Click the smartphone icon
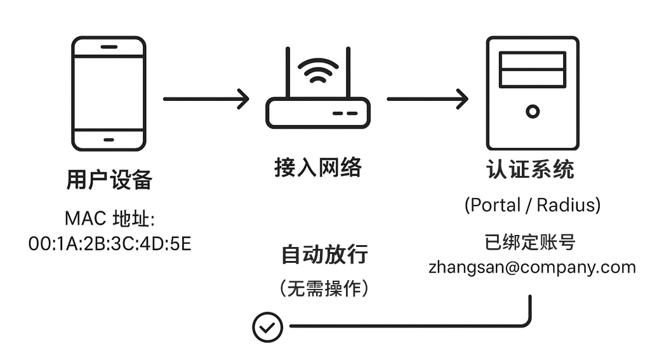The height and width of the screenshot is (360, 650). (x=109, y=93)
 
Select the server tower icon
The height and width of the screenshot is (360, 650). (x=532, y=93)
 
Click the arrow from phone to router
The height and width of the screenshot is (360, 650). (x=206, y=99)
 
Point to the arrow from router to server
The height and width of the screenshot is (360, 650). (x=427, y=99)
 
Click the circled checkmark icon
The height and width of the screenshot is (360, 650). (x=267, y=327)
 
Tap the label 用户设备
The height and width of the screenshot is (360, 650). (x=109, y=180)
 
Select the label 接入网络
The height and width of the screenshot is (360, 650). (x=318, y=168)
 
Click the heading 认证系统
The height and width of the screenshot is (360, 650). (x=530, y=170)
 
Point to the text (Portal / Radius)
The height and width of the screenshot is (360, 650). (x=532, y=205)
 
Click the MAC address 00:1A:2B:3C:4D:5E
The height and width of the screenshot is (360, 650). (x=110, y=243)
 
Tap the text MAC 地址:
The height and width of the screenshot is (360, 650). (x=110, y=219)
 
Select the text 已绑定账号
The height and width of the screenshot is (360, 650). (x=530, y=242)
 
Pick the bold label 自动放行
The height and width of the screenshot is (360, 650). (x=324, y=255)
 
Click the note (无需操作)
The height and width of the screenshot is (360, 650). (x=324, y=289)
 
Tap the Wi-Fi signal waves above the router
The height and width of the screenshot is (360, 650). (x=318, y=70)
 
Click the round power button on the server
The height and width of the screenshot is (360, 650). (x=532, y=112)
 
